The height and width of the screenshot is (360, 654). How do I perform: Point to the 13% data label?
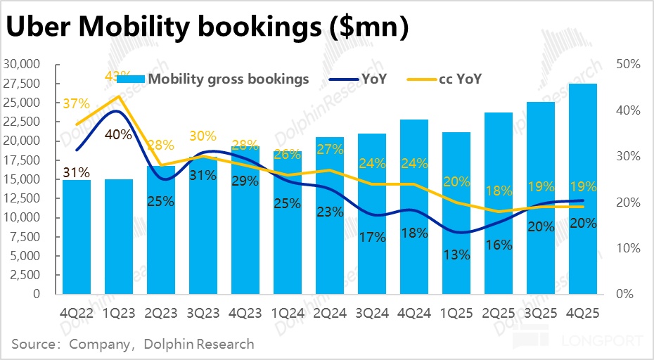(457, 255)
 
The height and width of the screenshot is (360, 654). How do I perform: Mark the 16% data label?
(499, 245)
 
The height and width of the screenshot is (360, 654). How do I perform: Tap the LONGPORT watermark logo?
(577, 342)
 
